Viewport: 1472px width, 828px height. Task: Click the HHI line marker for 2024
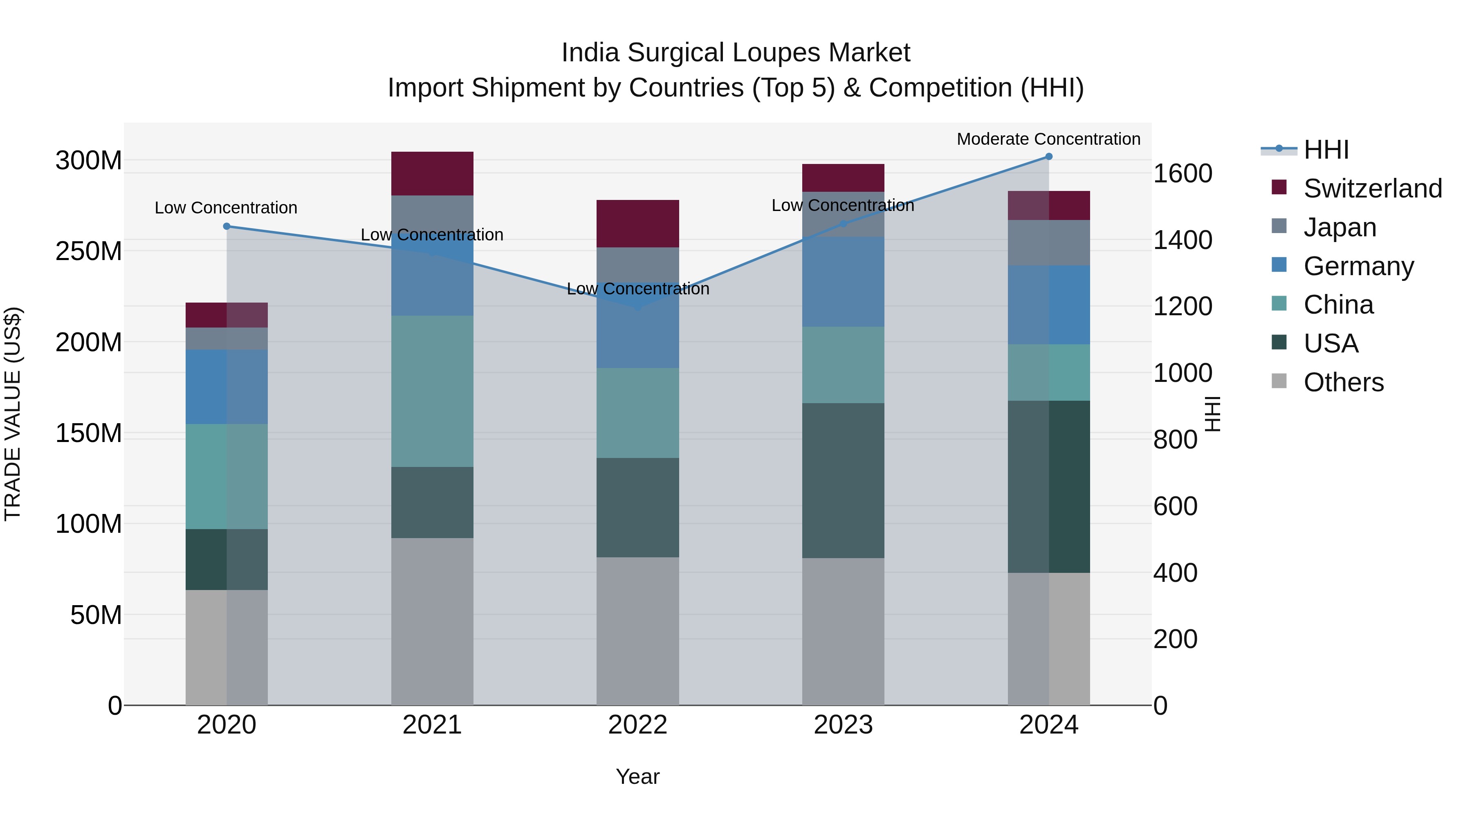[x=1048, y=157]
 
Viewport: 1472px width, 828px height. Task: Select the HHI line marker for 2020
[x=227, y=226]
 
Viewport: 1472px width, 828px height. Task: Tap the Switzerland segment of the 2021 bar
[x=432, y=174]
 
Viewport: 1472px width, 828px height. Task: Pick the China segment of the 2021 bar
[x=432, y=391]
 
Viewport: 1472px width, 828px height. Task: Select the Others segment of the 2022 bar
[x=638, y=631]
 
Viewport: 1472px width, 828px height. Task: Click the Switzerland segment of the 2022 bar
[x=638, y=223]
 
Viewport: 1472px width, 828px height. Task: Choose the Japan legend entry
[x=1340, y=227]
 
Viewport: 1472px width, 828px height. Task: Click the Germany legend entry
[x=1358, y=266]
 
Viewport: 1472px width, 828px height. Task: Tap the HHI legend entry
[x=1326, y=150]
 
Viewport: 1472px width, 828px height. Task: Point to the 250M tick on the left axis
[x=89, y=251]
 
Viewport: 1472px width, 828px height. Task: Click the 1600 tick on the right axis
[x=1182, y=174]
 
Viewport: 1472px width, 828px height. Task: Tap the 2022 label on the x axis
[x=638, y=725]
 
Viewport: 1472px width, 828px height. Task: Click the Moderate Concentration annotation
[x=1048, y=139]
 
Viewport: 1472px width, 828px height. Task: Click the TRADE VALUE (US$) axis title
[x=13, y=414]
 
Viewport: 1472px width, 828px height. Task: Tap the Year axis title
[x=638, y=776]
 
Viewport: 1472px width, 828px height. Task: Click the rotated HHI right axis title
[x=1212, y=414]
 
